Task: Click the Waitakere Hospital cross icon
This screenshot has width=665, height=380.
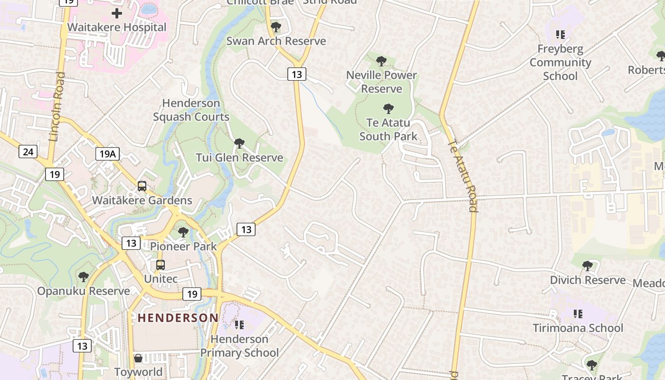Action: point(116,13)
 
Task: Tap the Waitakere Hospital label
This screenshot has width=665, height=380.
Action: point(117,27)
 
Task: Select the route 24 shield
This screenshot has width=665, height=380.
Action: point(28,152)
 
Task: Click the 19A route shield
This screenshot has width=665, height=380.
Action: point(107,153)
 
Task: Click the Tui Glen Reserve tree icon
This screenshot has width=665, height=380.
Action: point(239,143)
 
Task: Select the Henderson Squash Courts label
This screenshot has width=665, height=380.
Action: point(191,110)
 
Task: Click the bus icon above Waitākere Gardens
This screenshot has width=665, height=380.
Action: point(142,186)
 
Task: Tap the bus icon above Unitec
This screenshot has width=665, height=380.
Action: point(161,265)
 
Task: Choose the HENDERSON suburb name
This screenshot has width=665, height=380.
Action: point(178,318)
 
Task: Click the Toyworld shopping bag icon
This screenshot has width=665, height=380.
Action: point(138,358)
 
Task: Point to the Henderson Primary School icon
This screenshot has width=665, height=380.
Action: point(239,325)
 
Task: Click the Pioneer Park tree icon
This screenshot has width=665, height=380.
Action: point(183,232)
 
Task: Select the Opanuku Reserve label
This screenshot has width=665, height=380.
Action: point(84,291)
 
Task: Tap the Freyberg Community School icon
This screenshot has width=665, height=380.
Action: point(560,35)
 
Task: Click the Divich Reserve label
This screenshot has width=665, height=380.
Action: point(588,280)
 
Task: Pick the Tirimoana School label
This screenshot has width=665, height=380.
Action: point(578,328)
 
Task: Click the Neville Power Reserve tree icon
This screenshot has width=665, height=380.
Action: point(381,61)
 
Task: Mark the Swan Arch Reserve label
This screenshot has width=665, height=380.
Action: point(276,41)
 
